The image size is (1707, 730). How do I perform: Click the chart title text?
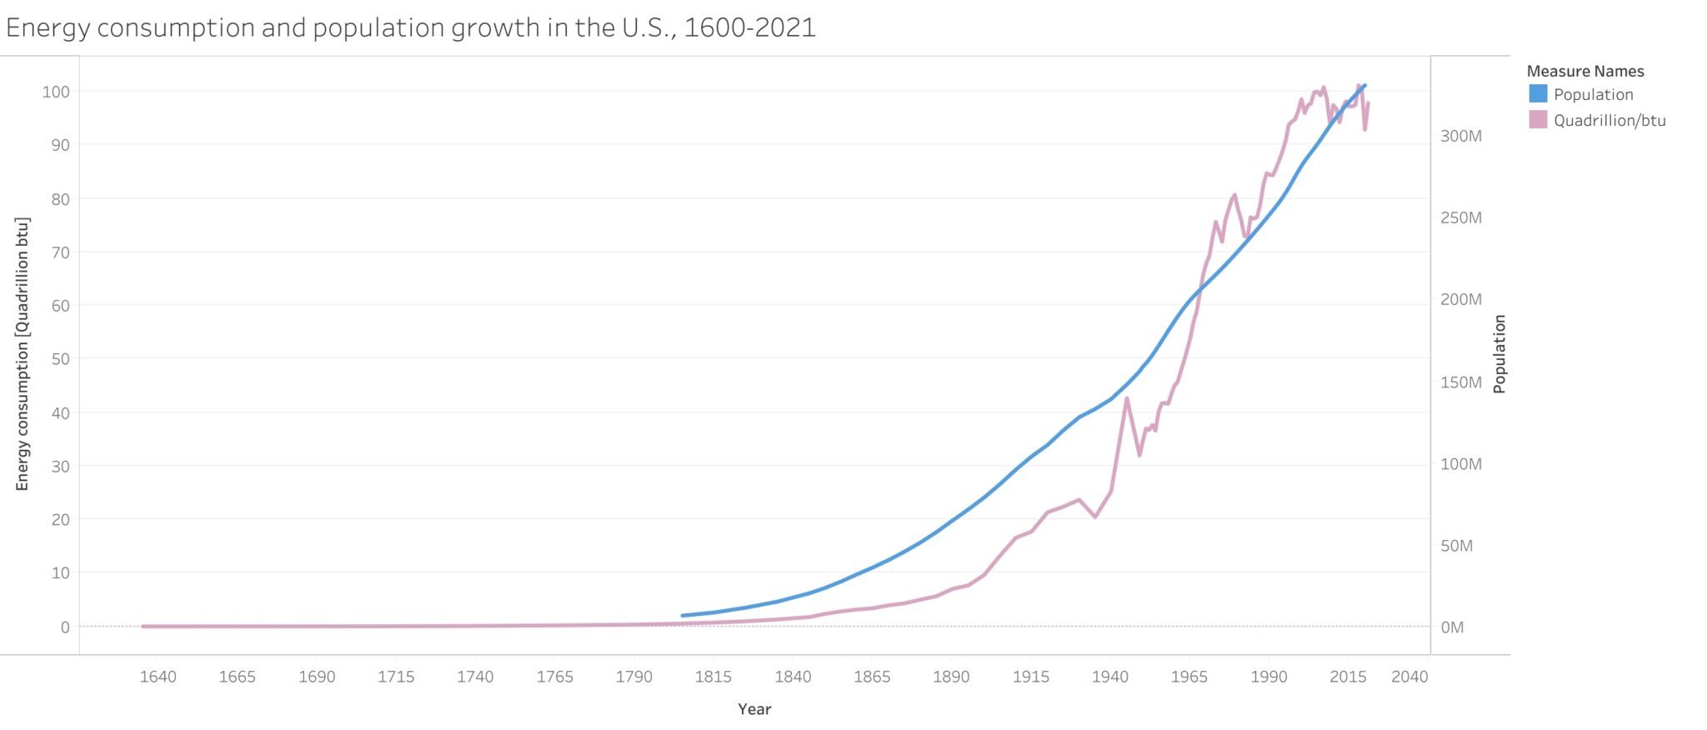click(x=410, y=27)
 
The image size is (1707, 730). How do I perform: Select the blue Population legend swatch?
click(x=1538, y=93)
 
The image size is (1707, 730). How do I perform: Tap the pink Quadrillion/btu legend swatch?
click(x=1538, y=119)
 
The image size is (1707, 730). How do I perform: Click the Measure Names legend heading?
click(x=1584, y=71)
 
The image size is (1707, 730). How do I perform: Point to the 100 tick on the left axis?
click(x=57, y=92)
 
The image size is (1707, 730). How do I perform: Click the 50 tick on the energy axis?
click(x=60, y=358)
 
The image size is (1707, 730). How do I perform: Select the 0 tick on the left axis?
click(x=65, y=627)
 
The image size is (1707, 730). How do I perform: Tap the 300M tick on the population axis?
click(x=1460, y=136)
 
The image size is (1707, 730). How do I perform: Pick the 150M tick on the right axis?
click(x=1460, y=382)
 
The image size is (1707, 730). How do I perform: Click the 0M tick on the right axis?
click(x=1452, y=627)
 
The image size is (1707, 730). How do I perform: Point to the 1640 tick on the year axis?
click(x=158, y=677)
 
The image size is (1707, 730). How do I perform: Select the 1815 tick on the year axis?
click(x=713, y=677)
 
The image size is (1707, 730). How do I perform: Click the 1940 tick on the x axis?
click(x=1109, y=677)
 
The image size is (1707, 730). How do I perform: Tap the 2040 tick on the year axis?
click(x=1409, y=677)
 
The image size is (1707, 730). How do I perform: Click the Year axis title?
click(x=754, y=709)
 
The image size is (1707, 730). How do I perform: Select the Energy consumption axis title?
click(x=23, y=354)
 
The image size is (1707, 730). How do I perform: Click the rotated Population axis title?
click(x=1499, y=354)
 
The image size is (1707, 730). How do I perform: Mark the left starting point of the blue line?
click(x=683, y=616)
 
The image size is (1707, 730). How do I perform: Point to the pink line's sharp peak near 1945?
click(x=1127, y=398)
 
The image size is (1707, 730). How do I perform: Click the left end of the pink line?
click(x=143, y=627)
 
